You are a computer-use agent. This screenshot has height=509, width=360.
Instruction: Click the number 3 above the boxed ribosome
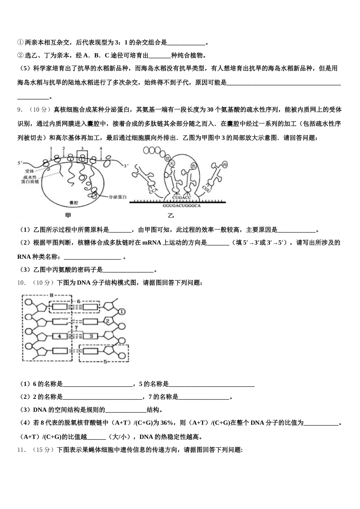(x=82, y=148)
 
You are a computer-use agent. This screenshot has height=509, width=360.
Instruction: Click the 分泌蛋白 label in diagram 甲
(x=117, y=197)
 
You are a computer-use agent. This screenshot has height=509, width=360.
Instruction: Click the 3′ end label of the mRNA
(x=127, y=166)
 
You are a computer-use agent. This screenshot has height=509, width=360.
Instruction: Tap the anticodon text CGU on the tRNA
(x=207, y=188)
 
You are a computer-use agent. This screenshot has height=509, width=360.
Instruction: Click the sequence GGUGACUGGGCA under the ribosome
(x=181, y=206)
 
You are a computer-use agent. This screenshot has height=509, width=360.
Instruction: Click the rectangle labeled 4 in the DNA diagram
(x=59, y=336)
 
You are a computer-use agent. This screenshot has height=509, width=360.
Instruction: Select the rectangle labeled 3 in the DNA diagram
(x=91, y=336)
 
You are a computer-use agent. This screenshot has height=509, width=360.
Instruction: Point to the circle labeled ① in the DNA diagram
(x=122, y=312)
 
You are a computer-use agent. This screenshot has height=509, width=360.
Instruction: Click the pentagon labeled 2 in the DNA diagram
(x=107, y=321)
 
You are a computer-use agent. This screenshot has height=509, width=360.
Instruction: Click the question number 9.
(x=19, y=110)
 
